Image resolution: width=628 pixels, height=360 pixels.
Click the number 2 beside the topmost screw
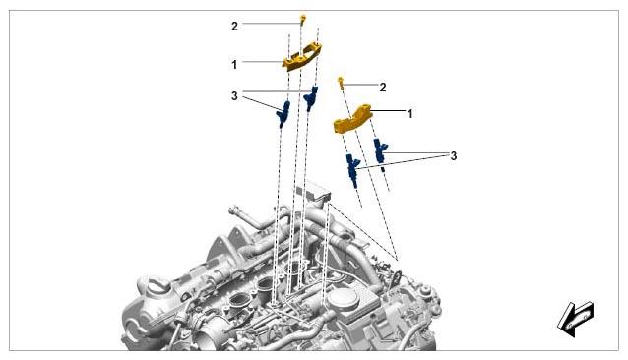coord(234,27)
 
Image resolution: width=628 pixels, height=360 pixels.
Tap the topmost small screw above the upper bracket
coord(303,19)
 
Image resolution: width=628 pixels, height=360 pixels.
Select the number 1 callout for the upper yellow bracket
coord(234,64)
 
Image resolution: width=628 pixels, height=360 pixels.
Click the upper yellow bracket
coord(302,57)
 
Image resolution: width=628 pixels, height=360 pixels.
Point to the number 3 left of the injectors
coord(234,96)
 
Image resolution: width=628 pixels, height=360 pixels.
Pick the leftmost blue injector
coord(283,114)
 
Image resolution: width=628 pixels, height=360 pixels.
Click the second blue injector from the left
coord(311,98)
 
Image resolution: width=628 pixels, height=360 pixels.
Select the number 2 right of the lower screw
coord(383,88)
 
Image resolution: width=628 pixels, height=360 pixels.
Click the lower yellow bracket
coord(352,119)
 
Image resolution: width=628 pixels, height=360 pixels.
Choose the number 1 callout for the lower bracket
coord(409,114)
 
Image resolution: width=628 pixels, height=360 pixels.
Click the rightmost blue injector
coord(380,150)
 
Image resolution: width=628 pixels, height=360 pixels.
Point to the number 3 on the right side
coord(454,156)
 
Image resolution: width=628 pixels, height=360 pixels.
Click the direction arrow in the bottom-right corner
coord(576,319)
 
